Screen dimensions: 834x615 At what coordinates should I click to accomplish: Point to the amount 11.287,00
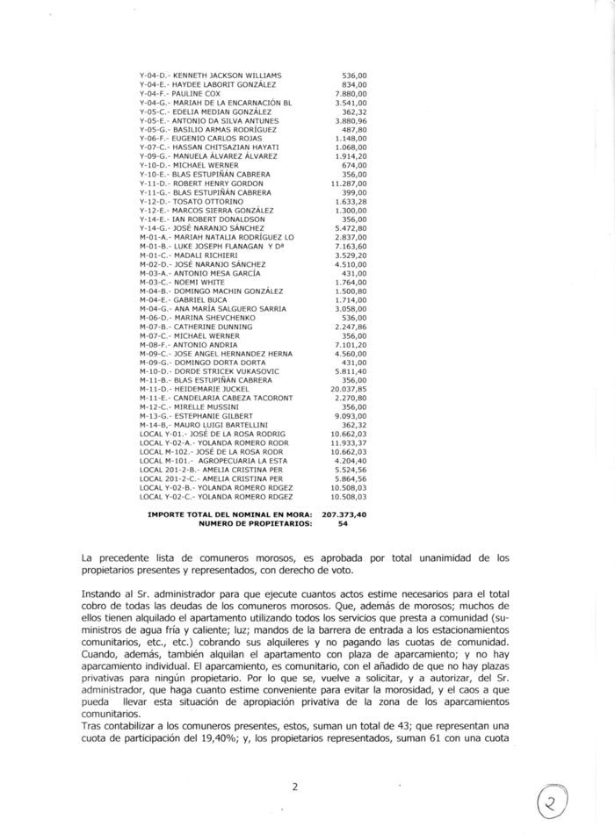pyautogui.click(x=348, y=183)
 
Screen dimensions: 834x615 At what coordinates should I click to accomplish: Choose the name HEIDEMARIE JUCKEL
pyautogui.click(x=211, y=388)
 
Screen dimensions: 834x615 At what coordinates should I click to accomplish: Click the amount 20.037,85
pyautogui.click(x=348, y=388)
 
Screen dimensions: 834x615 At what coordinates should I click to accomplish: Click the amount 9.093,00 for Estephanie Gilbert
pyautogui.click(x=351, y=415)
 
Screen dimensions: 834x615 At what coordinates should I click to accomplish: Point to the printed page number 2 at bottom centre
pyautogui.click(x=295, y=787)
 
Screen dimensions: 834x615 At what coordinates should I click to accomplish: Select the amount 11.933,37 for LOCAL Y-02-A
pyautogui.click(x=348, y=442)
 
